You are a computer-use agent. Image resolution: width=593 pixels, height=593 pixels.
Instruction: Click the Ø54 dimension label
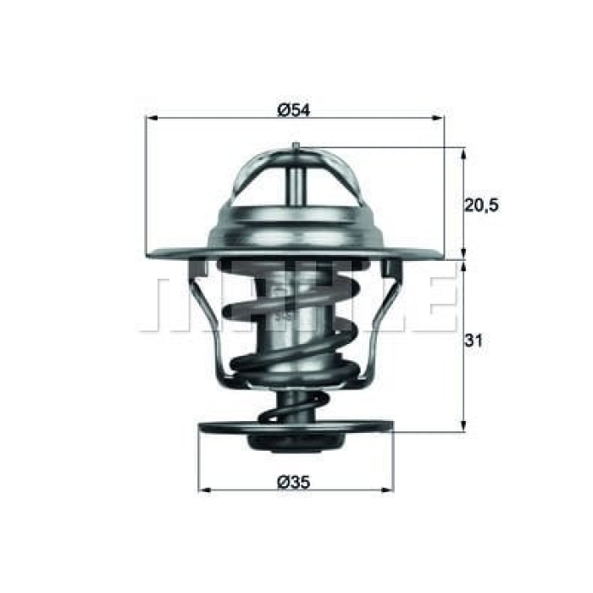point(293,109)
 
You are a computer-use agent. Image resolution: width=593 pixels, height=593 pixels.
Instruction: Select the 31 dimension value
point(474,341)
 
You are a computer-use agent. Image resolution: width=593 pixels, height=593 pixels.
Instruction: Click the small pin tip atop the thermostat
point(294,147)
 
